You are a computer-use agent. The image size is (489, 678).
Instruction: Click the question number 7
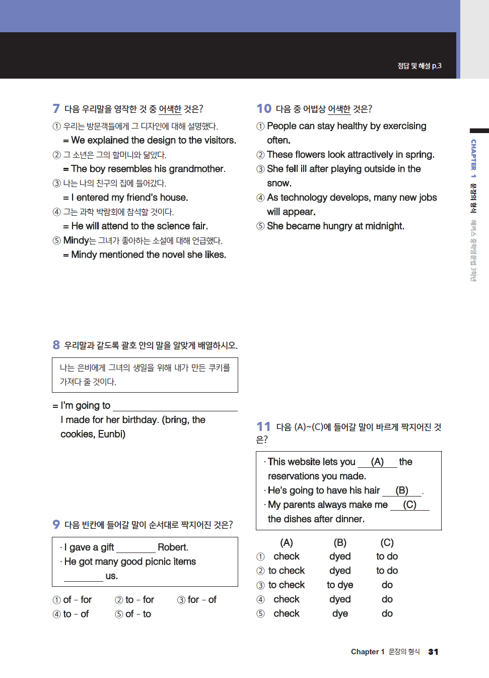pyautogui.click(x=56, y=108)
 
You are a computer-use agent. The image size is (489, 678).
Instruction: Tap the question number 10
pyautogui.click(x=264, y=108)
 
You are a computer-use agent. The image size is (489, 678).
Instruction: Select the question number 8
pyautogui.click(x=56, y=345)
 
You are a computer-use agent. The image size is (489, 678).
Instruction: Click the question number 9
pyautogui.click(x=56, y=524)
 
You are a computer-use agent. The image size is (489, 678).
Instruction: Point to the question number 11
pyautogui.click(x=263, y=426)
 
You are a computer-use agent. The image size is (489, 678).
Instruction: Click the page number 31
pyautogui.click(x=433, y=652)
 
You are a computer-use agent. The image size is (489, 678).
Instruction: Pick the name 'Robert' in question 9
pyautogui.click(x=172, y=547)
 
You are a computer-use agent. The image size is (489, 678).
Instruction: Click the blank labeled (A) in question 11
pyautogui.click(x=377, y=462)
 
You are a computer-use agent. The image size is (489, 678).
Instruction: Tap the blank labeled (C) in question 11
pyautogui.click(x=409, y=505)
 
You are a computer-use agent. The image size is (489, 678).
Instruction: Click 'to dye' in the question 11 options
pyautogui.click(x=340, y=585)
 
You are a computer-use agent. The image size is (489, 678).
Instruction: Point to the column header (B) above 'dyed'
pyautogui.click(x=340, y=542)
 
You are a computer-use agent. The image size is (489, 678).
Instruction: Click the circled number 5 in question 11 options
pyautogui.click(x=260, y=613)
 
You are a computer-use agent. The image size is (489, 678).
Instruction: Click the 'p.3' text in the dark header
pyautogui.click(x=436, y=66)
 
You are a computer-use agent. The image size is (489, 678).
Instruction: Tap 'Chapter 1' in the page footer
pyautogui.click(x=368, y=652)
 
